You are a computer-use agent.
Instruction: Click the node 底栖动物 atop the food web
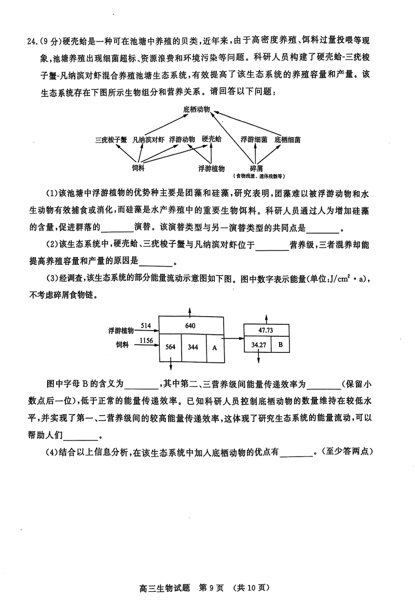coord(196,110)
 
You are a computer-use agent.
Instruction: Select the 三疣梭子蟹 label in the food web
coord(111,139)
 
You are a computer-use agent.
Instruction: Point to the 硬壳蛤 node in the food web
coord(212,139)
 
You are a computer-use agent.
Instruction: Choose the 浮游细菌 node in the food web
coord(254,139)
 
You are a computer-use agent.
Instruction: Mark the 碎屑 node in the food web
coord(256,168)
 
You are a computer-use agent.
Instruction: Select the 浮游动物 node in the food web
coord(182,139)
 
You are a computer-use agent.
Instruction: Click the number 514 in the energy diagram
coord(145,325)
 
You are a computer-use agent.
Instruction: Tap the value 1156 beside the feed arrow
coord(147,340)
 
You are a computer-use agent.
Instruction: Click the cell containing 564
coord(171,347)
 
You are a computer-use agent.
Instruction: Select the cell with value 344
coord(193,347)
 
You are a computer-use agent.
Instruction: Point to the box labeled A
coord(215,347)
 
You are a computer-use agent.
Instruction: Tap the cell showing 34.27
coord(258,345)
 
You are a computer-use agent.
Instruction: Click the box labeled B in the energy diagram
coord(280,345)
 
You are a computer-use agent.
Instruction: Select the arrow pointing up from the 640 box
coord(191,311)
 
